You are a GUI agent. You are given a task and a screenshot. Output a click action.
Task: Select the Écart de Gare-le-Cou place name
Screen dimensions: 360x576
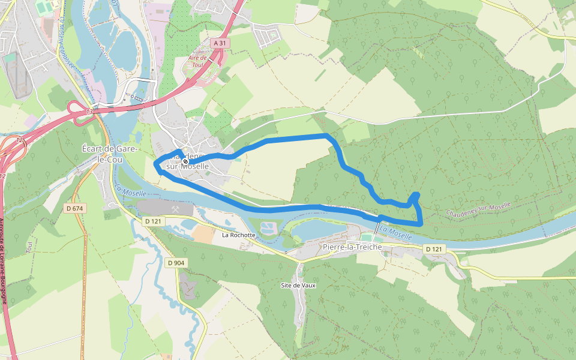coord(110,153)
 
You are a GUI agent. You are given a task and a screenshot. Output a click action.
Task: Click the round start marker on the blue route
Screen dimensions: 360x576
coord(185,161)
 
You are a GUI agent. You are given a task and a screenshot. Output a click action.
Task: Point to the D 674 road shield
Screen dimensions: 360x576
coord(74,208)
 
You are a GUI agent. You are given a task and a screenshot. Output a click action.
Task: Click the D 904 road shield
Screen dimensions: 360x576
coord(176,263)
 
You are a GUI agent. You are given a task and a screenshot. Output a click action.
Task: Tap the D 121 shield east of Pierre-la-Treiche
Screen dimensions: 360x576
coord(436,248)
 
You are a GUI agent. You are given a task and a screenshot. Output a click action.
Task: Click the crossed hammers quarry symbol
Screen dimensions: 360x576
coord(176,209)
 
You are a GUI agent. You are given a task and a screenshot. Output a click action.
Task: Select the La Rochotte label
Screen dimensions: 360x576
coord(239,235)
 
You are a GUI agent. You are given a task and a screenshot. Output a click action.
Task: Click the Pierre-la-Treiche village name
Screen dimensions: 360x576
coord(352,247)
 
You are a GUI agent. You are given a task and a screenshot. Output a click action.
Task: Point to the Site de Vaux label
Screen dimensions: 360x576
coord(298,285)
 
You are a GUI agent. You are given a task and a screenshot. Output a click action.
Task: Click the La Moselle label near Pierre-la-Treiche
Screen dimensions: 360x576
coord(396,233)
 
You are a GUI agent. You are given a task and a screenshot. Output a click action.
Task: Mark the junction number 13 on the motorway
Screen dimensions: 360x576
coord(89,112)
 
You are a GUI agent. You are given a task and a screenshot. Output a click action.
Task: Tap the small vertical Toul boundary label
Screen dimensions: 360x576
coord(28,247)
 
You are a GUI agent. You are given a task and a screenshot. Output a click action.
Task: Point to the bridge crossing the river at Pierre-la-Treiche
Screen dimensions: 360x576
coord(378,229)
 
